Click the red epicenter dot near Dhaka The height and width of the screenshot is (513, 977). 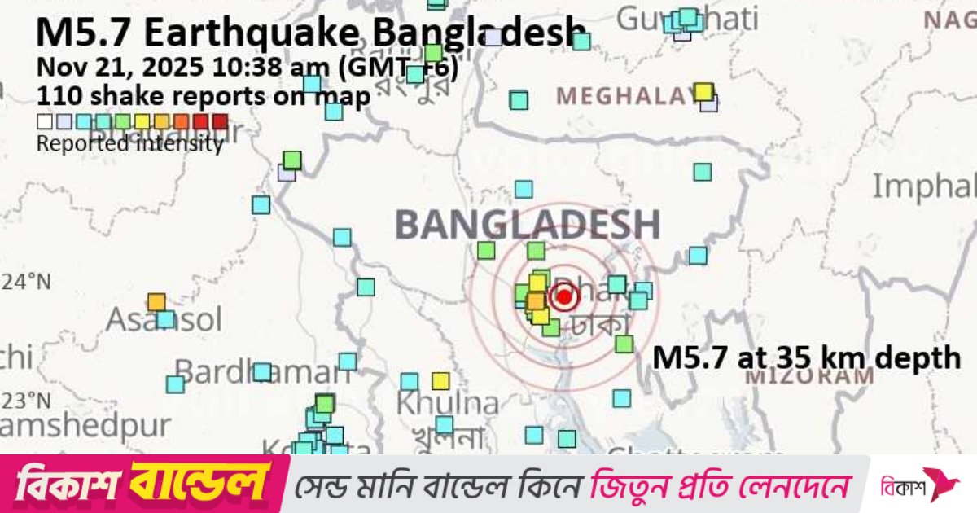click(563, 297)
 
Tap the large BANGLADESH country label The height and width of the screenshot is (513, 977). click(528, 225)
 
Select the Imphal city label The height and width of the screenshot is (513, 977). click(923, 187)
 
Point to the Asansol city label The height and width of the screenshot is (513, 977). click(164, 319)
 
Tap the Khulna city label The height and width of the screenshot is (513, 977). click(448, 403)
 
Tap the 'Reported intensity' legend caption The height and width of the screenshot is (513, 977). click(130, 145)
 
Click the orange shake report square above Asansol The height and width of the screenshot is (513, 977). click(156, 302)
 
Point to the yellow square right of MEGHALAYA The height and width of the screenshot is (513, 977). click(703, 92)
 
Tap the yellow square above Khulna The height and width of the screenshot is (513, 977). click(440, 380)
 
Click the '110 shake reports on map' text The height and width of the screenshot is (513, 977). click(204, 95)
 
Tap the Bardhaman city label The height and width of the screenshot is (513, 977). click(262, 373)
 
